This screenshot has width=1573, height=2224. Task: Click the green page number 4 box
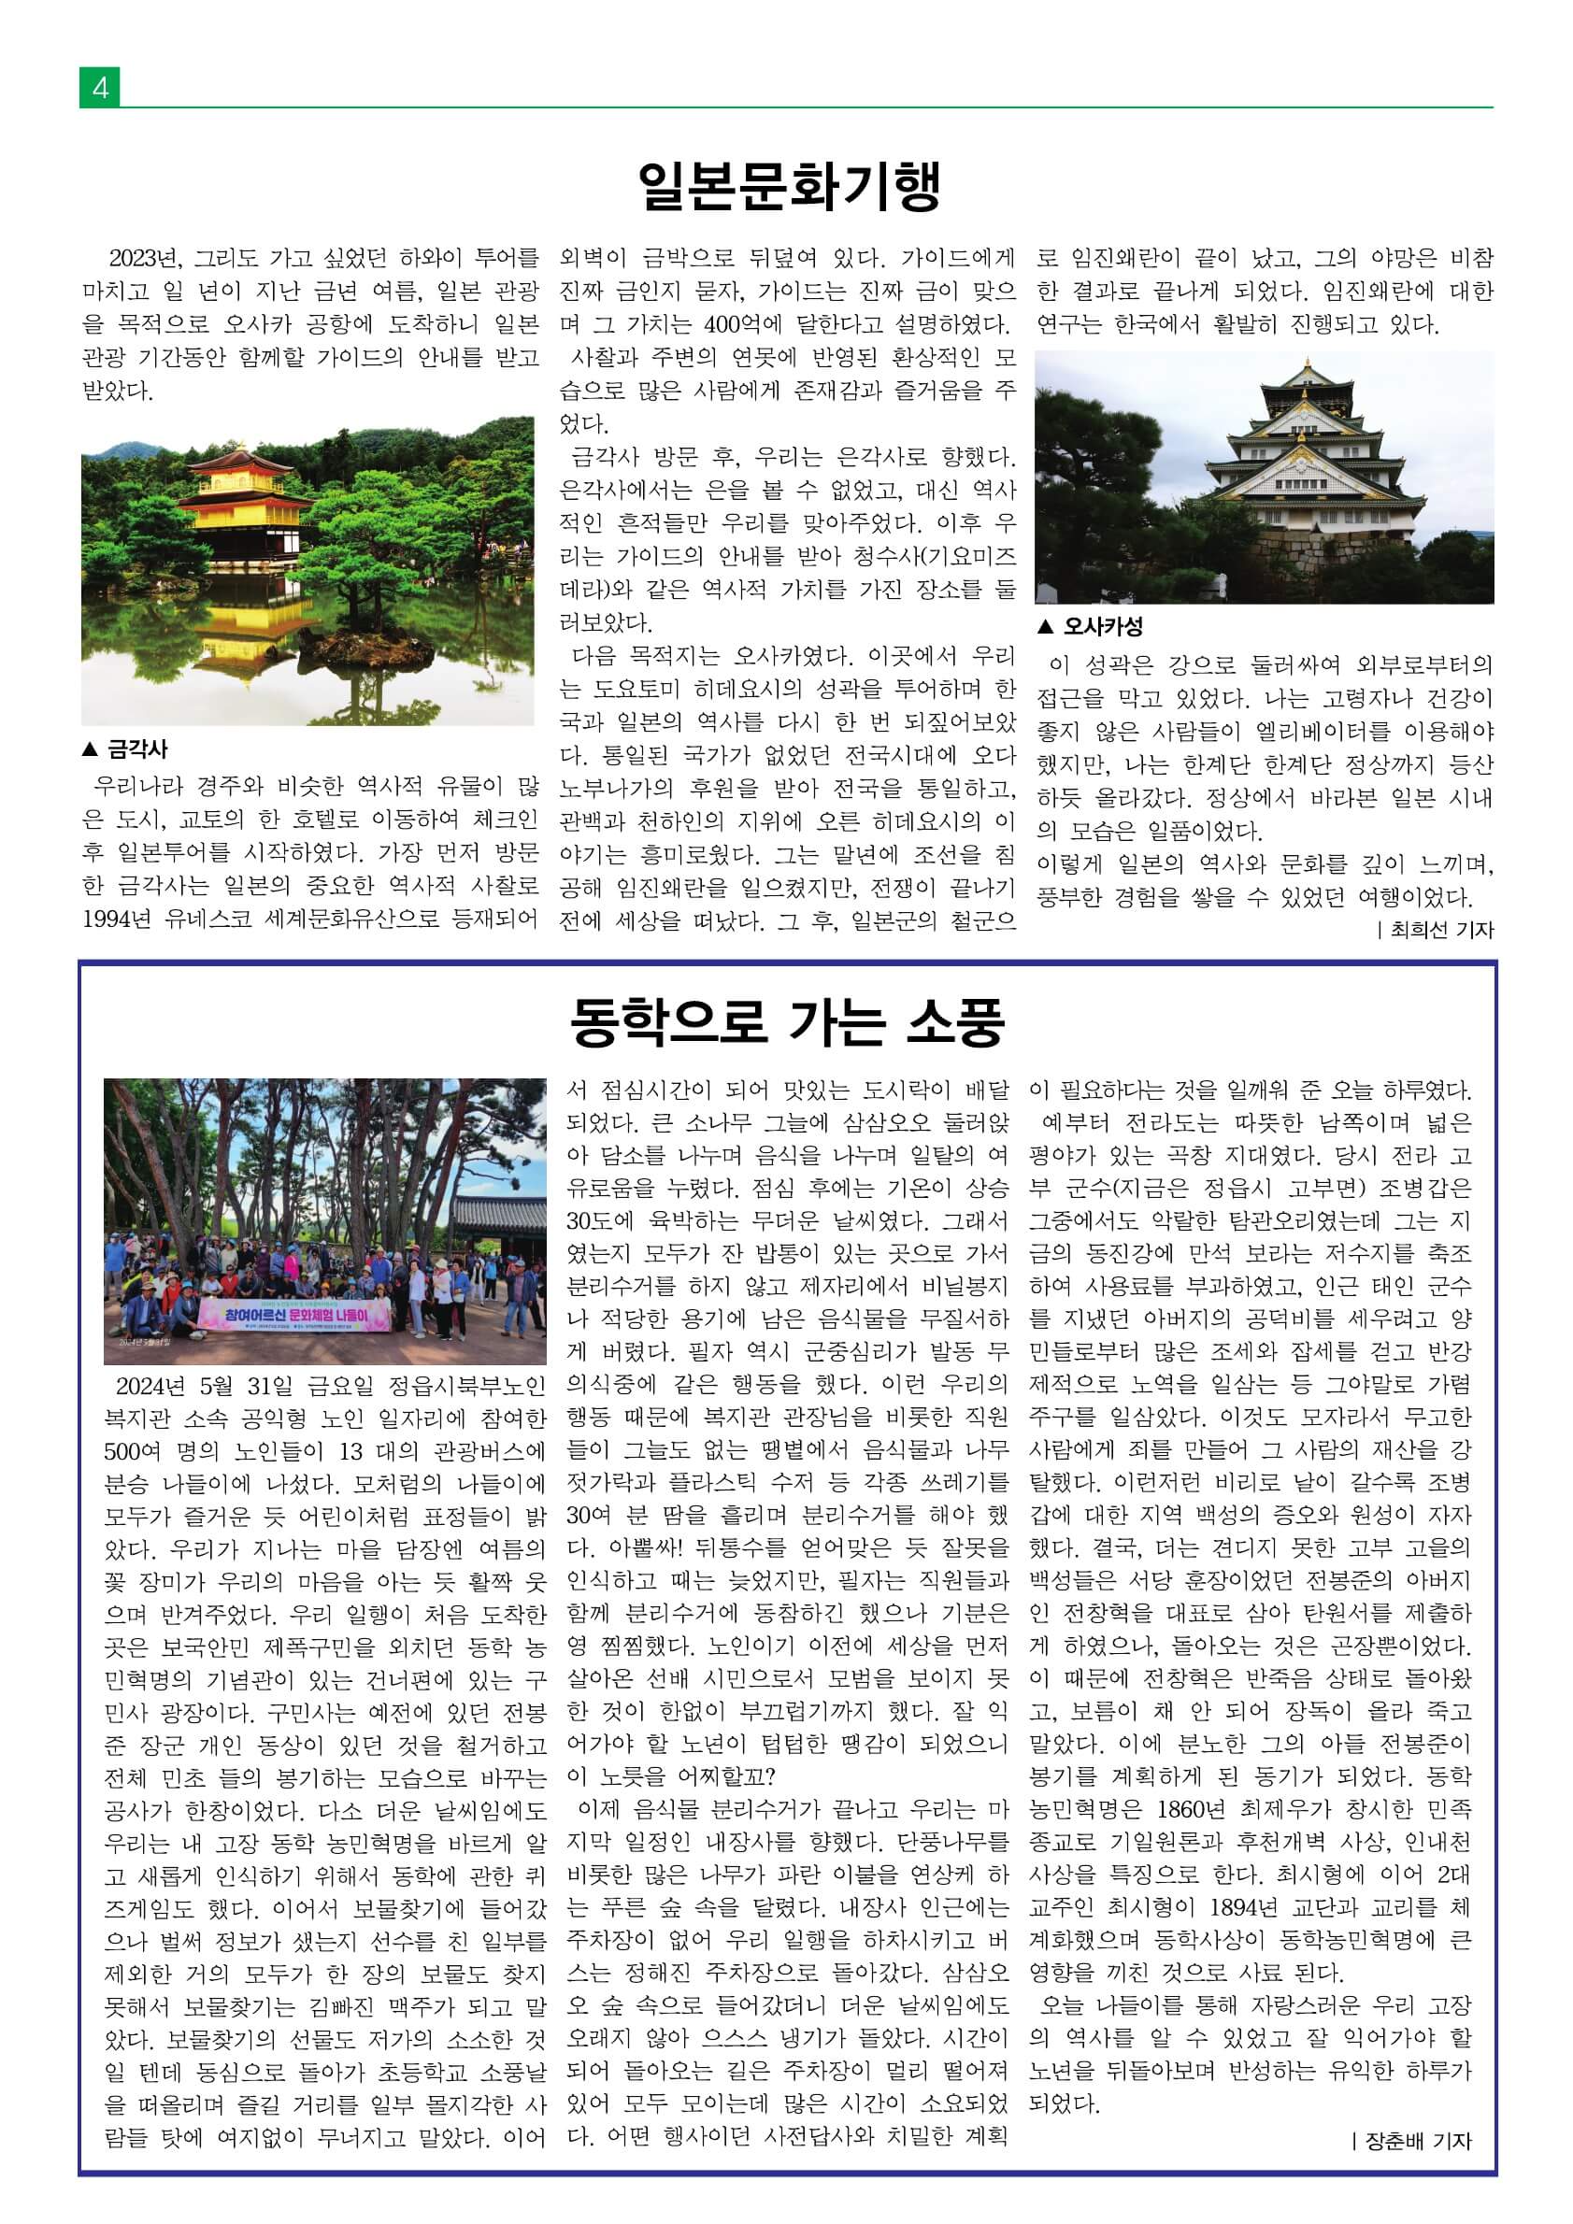click(100, 88)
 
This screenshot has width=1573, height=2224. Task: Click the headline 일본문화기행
click(790, 185)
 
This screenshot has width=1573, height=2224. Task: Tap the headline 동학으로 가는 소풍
click(788, 1022)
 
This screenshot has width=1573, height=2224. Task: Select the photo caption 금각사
click(136, 748)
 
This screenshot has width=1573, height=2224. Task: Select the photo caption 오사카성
click(1101, 626)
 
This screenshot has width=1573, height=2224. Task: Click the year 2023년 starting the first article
click(144, 259)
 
